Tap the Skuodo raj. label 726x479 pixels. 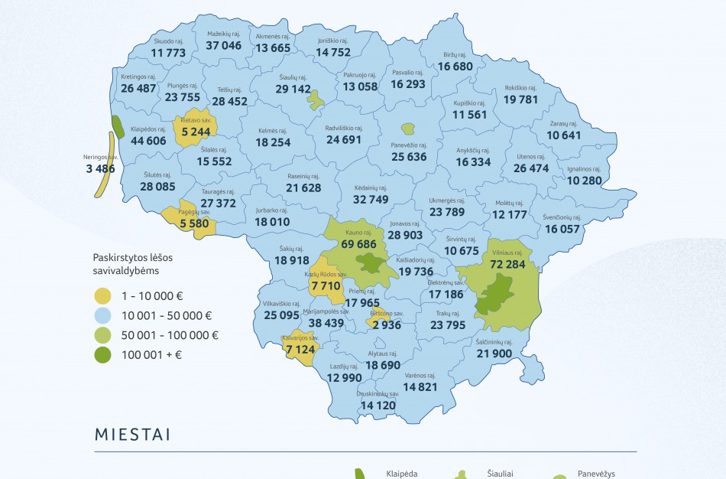[168, 41]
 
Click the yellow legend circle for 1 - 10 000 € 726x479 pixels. [102, 295]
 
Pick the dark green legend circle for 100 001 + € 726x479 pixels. [102, 354]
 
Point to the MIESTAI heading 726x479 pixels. [132, 435]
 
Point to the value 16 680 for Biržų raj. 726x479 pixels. [455, 67]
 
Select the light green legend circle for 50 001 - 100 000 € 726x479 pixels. [102, 335]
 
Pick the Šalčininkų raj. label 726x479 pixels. [494, 342]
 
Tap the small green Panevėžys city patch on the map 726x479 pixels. [408, 129]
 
